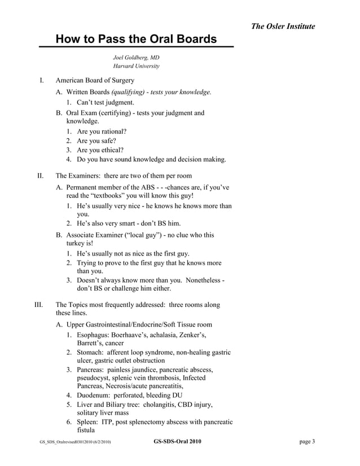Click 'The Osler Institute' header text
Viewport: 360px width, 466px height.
(283, 27)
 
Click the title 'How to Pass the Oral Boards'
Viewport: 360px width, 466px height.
(136, 39)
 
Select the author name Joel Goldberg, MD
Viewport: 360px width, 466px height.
(136, 57)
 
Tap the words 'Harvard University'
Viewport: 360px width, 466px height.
(136, 66)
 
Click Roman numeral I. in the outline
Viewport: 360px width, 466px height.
(41, 81)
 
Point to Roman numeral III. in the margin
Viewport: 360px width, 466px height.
(39, 305)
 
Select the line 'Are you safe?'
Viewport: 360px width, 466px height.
(96, 140)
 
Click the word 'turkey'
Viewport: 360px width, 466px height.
(76, 244)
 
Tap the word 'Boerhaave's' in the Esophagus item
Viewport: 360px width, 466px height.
(133, 335)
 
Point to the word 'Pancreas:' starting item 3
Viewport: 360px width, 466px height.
(91, 369)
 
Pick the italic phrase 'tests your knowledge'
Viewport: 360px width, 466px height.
(181, 92)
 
